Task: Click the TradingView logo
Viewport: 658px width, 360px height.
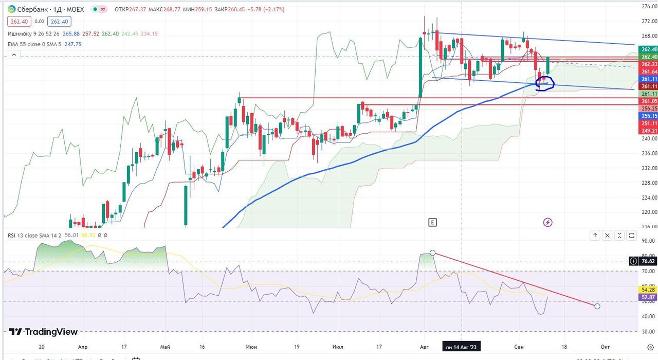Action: tap(44, 332)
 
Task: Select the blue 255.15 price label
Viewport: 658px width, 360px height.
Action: tap(648, 116)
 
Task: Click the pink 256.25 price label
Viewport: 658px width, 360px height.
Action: tap(648, 109)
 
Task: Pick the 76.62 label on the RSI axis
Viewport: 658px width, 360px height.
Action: tap(648, 261)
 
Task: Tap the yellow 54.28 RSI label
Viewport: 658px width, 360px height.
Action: tap(648, 290)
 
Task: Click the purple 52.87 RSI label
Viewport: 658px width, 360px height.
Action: tap(648, 297)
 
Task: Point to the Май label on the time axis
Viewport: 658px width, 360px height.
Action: tap(165, 347)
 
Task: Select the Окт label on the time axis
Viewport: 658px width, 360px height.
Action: tap(606, 347)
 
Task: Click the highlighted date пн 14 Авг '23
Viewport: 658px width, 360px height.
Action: tap(462, 347)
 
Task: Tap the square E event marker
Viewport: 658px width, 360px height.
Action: tap(432, 222)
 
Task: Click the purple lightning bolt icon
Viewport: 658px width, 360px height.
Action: tap(548, 222)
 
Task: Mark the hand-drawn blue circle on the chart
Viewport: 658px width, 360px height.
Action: tap(544, 83)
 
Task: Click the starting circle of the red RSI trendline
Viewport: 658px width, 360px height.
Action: tap(433, 253)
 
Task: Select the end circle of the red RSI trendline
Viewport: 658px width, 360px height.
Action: tap(597, 307)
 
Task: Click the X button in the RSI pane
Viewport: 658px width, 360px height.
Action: tap(607, 236)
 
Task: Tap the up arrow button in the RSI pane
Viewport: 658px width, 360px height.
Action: tap(595, 236)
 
